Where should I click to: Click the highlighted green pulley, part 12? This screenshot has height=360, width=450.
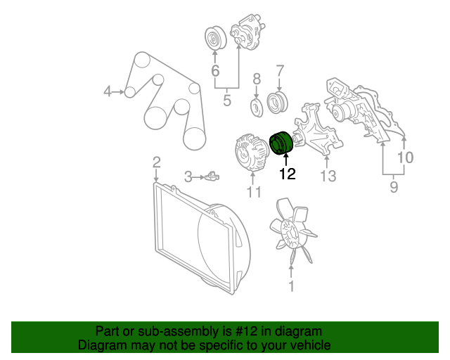(x=281, y=143)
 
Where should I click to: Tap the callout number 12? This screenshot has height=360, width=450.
(x=288, y=174)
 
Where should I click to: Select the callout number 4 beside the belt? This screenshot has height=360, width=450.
(x=107, y=91)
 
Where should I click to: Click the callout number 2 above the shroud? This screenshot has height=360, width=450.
(x=156, y=162)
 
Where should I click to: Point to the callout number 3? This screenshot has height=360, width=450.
(x=188, y=177)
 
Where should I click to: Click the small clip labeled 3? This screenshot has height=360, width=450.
(x=212, y=176)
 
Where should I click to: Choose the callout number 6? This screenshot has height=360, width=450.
(x=215, y=70)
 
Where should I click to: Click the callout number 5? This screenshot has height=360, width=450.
(x=227, y=101)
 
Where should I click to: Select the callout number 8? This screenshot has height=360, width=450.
(x=257, y=79)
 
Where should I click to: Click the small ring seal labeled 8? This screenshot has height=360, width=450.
(x=257, y=108)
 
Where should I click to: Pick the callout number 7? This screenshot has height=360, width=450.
(x=280, y=70)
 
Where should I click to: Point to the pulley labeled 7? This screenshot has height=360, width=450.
(x=278, y=102)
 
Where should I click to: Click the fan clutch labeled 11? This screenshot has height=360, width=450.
(x=252, y=153)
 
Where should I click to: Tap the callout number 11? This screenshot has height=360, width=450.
(x=255, y=192)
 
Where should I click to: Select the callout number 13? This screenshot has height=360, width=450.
(x=328, y=176)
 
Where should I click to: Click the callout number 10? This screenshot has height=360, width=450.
(x=405, y=157)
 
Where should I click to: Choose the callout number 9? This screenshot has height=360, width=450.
(x=394, y=187)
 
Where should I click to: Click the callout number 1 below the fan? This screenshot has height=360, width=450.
(x=291, y=286)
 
